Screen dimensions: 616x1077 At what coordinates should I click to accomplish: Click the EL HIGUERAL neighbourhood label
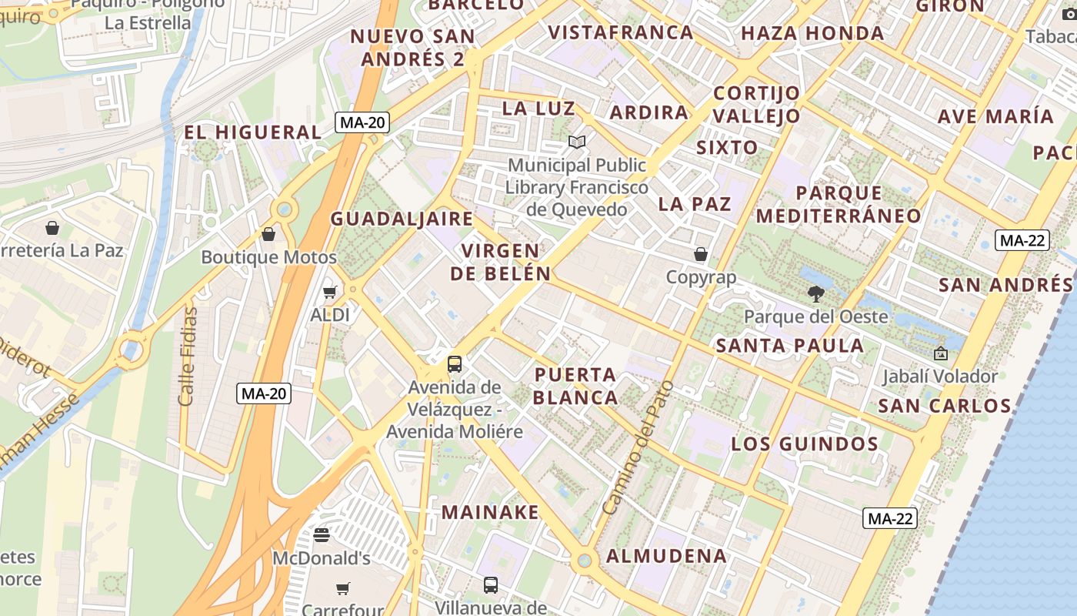point(252,132)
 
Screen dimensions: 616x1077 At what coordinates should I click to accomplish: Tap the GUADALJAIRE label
point(402,219)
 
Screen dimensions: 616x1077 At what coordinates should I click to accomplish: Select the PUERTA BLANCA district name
point(575,387)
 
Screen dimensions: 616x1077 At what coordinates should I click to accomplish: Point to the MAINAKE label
point(490,512)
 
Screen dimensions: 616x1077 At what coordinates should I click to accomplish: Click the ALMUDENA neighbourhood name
point(666,556)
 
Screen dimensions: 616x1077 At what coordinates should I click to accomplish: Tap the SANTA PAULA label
point(790,346)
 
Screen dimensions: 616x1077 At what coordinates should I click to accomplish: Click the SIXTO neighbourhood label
point(727,147)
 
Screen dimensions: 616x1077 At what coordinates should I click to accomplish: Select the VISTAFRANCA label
point(621,32)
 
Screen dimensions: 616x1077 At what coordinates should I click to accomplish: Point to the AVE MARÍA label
point(995,117)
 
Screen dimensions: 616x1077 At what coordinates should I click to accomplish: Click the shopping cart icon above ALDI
point(330,293)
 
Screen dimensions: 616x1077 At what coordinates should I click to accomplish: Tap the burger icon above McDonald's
point(322,534)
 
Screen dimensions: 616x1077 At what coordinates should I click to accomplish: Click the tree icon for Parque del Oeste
point(815,293)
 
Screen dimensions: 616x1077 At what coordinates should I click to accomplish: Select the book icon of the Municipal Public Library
point(577,142)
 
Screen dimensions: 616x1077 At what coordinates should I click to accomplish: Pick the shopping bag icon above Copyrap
point(701,254)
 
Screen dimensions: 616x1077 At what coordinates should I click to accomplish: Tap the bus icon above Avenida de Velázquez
point(455,363)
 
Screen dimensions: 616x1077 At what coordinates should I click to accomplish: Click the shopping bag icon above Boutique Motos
point(268,234)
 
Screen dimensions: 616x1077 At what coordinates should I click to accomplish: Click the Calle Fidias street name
point(188,356)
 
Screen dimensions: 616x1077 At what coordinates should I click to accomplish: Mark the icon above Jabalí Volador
point(940,354)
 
